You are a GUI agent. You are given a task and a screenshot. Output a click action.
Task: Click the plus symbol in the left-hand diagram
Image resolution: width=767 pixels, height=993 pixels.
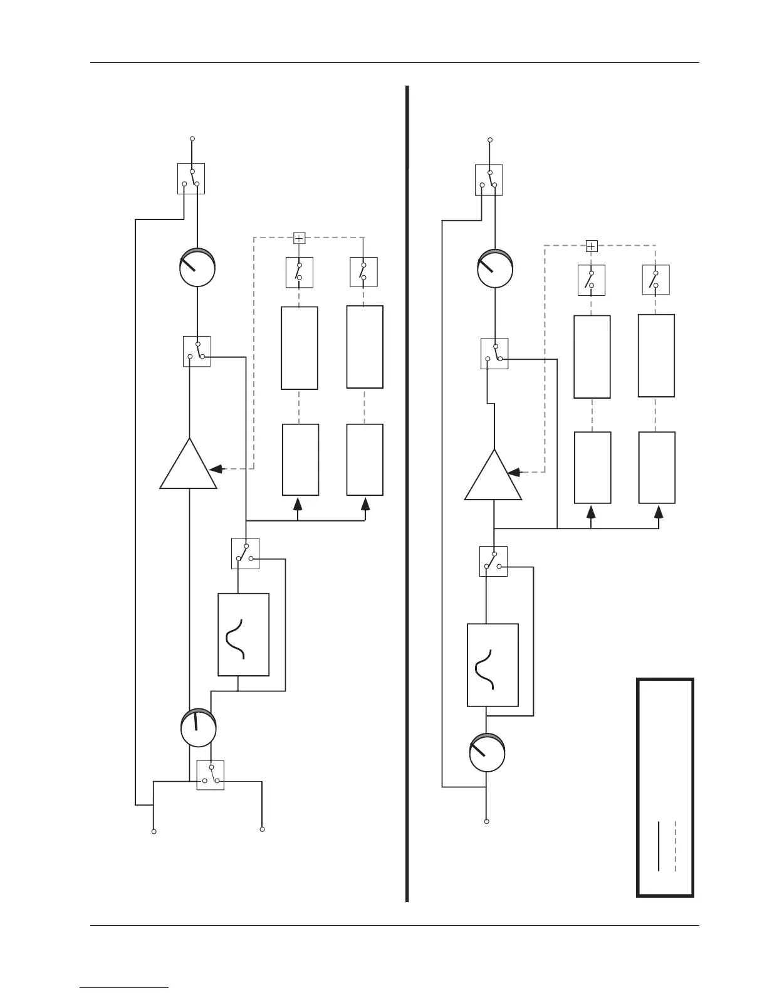pyautogui.click(x=300, y=238)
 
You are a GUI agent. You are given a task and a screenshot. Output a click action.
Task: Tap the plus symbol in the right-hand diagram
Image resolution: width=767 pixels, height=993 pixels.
pyautogui.click(x=591, y=246)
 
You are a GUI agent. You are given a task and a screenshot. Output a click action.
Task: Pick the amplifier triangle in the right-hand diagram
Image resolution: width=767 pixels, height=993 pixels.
pyautogui.click(x=493, y=477)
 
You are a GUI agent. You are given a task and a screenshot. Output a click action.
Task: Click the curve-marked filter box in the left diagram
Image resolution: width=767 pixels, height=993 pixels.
pyautogui.click(x=244, y=634)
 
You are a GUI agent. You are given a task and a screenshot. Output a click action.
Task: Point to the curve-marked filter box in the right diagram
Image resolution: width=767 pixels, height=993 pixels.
pyautogui.click(x=493, y=665)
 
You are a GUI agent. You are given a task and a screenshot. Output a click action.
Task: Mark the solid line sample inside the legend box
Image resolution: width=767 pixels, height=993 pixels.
pyautogui.click(x=659, y=846)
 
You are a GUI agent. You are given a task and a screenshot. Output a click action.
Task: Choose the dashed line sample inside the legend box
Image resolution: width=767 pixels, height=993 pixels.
pyautogui.click(x=675, y=846)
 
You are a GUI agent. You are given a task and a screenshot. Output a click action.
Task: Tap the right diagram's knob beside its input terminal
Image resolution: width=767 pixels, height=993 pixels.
pyautogui.click(x=488, y=752)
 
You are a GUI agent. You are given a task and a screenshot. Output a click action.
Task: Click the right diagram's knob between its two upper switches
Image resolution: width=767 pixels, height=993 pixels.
pyautogui.click(x=495, y=268)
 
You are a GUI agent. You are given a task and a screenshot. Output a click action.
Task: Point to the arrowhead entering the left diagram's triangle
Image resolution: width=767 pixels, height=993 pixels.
pyautogui.click(x=217, y=468)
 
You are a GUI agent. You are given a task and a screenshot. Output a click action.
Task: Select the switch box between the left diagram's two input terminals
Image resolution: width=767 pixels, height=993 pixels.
pyautogui.click(x=211, y=775)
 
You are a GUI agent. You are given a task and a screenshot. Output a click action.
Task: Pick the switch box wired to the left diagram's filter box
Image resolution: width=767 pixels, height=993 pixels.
pyautogui.click(x=245, y=554)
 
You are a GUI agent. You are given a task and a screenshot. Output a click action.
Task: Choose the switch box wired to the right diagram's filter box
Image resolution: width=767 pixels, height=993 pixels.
pyautogui.click(x=493, y=561)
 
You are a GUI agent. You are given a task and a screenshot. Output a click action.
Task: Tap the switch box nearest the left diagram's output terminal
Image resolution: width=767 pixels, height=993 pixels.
pyautogui.click(x=191, y=179)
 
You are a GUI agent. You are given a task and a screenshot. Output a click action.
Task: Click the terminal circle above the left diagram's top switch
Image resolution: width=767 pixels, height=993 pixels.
pyautogui.click(x=192, y=139)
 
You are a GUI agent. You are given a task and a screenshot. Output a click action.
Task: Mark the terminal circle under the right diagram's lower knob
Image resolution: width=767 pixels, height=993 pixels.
pyautogui.click(x=487, y=821)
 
